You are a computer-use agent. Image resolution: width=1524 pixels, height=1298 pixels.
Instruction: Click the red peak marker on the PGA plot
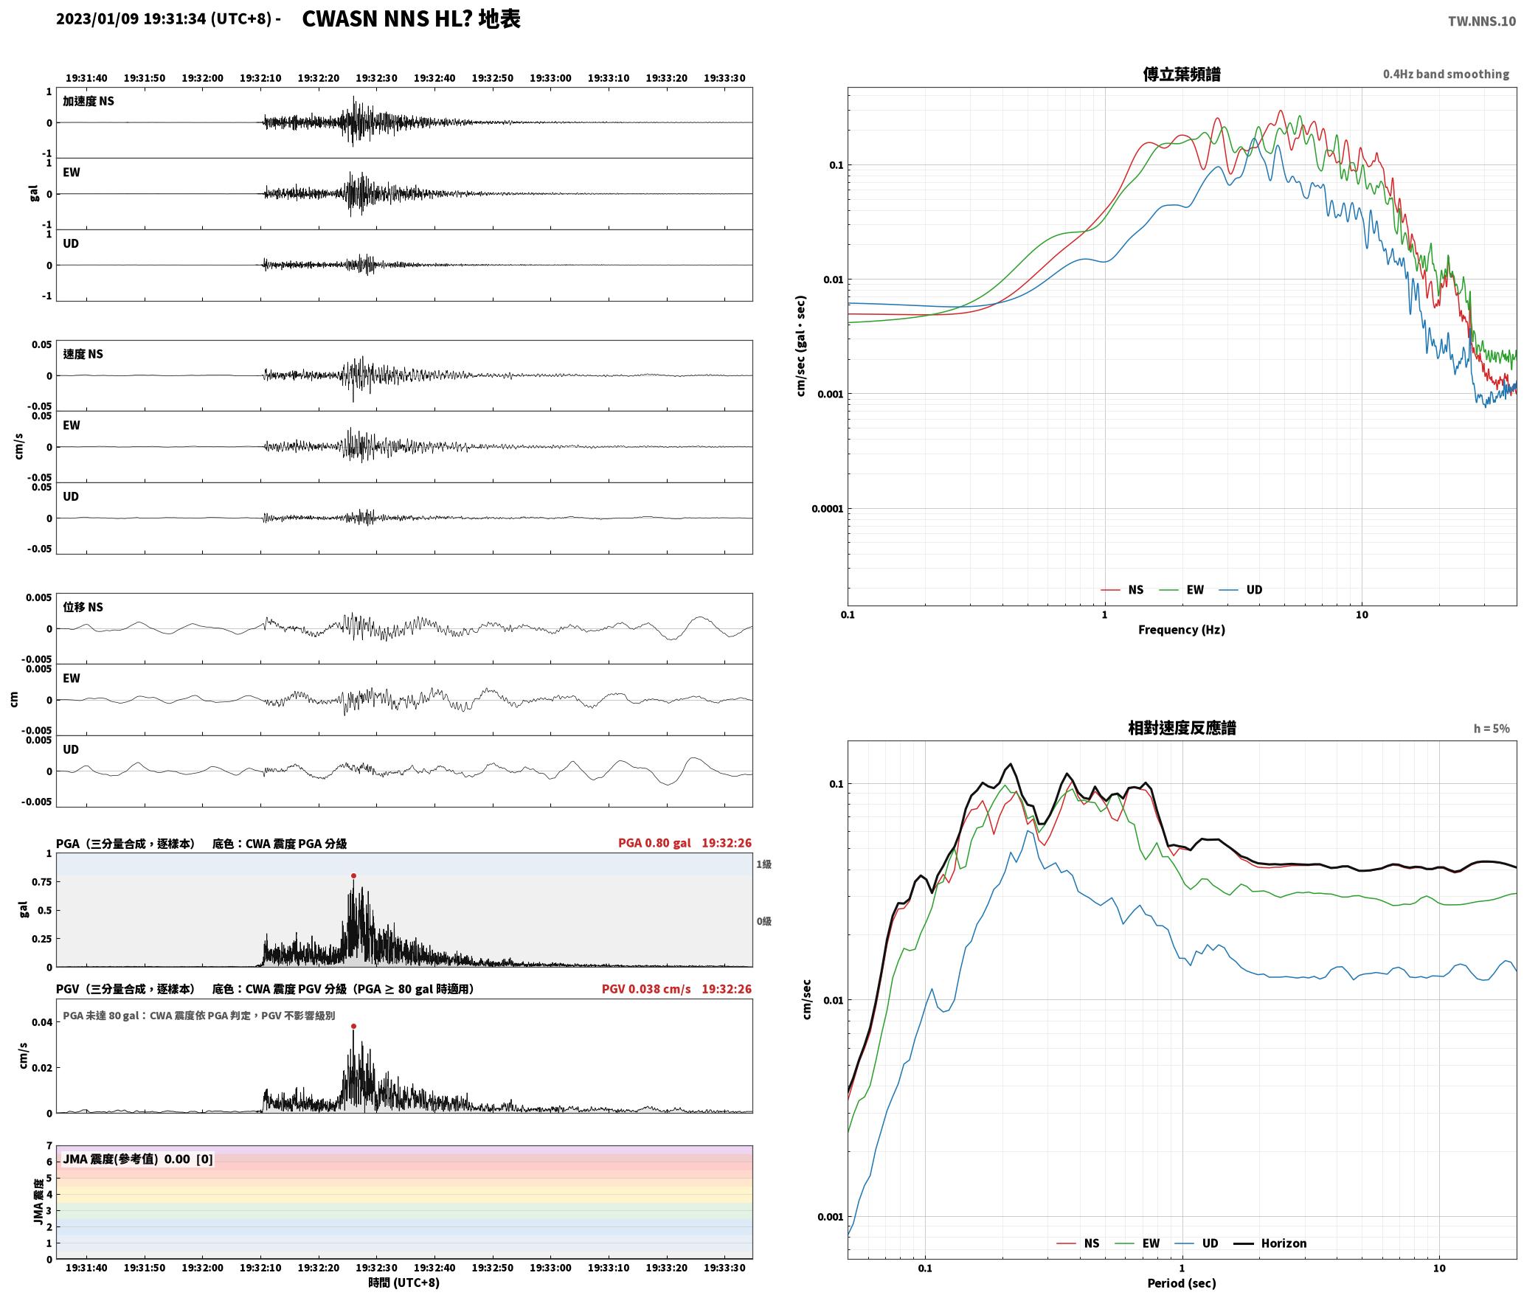click(x=353, y=876)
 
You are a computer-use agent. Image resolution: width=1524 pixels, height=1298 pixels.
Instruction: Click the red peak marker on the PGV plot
click(x=353, y=1026)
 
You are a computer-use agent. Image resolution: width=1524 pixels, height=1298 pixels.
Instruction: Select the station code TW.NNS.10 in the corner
click(x=1481, y=21)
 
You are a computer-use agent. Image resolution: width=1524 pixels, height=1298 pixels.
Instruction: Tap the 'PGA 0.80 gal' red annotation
click(x=654, y=843)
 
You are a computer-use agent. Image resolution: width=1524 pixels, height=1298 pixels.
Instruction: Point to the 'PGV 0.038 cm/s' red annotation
click(x=646, y=989)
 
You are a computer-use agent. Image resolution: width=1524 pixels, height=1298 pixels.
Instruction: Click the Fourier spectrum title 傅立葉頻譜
click(x=1181, y=74)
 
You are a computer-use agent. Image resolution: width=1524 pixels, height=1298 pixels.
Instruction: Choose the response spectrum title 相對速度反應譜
click(x=1182, y=728)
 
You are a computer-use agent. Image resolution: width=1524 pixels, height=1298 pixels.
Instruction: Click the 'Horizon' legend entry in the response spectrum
click(x=1284, y=1243)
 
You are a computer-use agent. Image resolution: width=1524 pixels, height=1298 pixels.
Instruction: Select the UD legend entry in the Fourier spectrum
click(x=1254, y=590)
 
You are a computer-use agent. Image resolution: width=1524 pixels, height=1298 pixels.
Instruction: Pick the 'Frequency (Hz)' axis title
click(x=1181, y=630)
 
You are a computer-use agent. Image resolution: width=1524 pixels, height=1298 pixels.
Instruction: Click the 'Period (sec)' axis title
click(x=1181, y=1283)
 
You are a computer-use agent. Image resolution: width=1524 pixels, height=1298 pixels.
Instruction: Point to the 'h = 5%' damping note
click(x=1492, y=729)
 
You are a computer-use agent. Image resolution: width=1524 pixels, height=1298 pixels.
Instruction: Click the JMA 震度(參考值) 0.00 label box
click(x=138, y=1159)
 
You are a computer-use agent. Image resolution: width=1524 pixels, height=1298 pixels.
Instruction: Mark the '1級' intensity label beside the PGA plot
click(x=763, y=864)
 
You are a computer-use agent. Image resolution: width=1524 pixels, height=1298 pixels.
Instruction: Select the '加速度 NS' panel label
click(x=89, y=101)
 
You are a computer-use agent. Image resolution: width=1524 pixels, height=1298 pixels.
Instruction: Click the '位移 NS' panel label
click(x=83, y=607)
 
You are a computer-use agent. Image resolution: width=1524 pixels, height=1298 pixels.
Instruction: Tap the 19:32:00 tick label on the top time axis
click(x=202, y=78)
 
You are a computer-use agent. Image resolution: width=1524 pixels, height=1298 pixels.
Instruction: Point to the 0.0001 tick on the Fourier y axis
click(x=827, y=509)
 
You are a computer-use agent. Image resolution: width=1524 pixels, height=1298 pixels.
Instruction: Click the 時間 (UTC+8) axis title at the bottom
click(x=403, y=1283)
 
